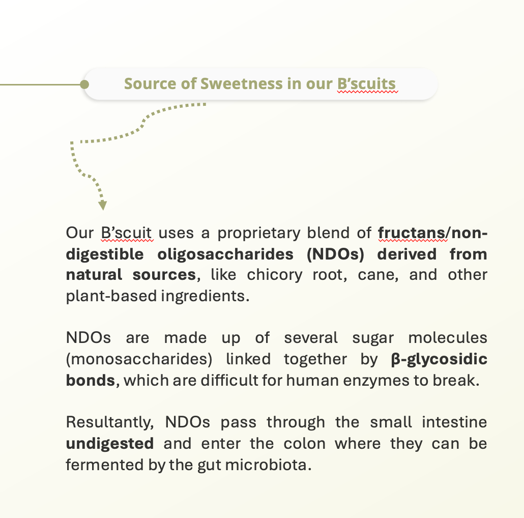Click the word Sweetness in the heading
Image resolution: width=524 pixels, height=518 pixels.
coord(241,83)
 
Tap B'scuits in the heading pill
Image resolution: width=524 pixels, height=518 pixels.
coord(367,84)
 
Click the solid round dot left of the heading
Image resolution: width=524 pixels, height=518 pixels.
coord(84,84)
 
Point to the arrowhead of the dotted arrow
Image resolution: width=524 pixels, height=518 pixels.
coord(103,205)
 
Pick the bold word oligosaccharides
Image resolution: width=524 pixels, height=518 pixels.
coord(225,254)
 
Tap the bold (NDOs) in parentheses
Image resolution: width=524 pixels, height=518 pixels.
coord(335,254)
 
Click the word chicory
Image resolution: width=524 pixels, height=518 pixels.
coord(275,275)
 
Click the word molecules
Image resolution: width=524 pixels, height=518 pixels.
coord(448,337)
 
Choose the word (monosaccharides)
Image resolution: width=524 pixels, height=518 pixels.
coord(139,359)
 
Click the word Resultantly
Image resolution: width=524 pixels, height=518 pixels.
coord(109,422)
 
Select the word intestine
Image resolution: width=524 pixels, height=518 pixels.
coord(454,422)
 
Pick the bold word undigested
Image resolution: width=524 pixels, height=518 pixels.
coord(109,444)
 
